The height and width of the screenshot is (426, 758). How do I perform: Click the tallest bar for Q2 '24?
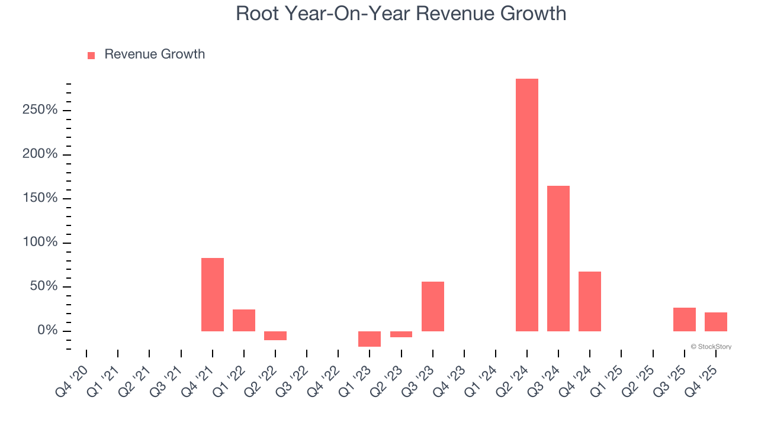pos(526,205)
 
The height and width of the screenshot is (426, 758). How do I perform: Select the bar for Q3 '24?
pos(558,259)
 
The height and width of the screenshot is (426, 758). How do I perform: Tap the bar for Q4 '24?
pos(589,301)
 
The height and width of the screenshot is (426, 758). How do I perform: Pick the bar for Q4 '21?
pos(212,295)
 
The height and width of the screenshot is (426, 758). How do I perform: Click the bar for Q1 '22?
pos(243,320)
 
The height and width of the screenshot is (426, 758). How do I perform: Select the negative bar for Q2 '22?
pos(275,335)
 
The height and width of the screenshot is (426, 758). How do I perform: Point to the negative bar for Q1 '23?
pos(369,338)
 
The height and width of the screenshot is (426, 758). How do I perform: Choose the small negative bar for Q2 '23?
pos(401,334)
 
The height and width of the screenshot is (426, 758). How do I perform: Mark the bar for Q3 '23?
pos(432,306)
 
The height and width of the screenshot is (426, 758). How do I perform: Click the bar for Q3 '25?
pos(684,319)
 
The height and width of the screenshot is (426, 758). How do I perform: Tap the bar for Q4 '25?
pos(715,322)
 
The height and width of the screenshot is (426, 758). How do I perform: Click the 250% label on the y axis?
pos(40,110)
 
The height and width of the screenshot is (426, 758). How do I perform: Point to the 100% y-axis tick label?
pos(40,243)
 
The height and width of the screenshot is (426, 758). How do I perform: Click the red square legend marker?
pos(91,56)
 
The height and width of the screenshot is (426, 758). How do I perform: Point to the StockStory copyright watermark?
pos(711,347)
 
